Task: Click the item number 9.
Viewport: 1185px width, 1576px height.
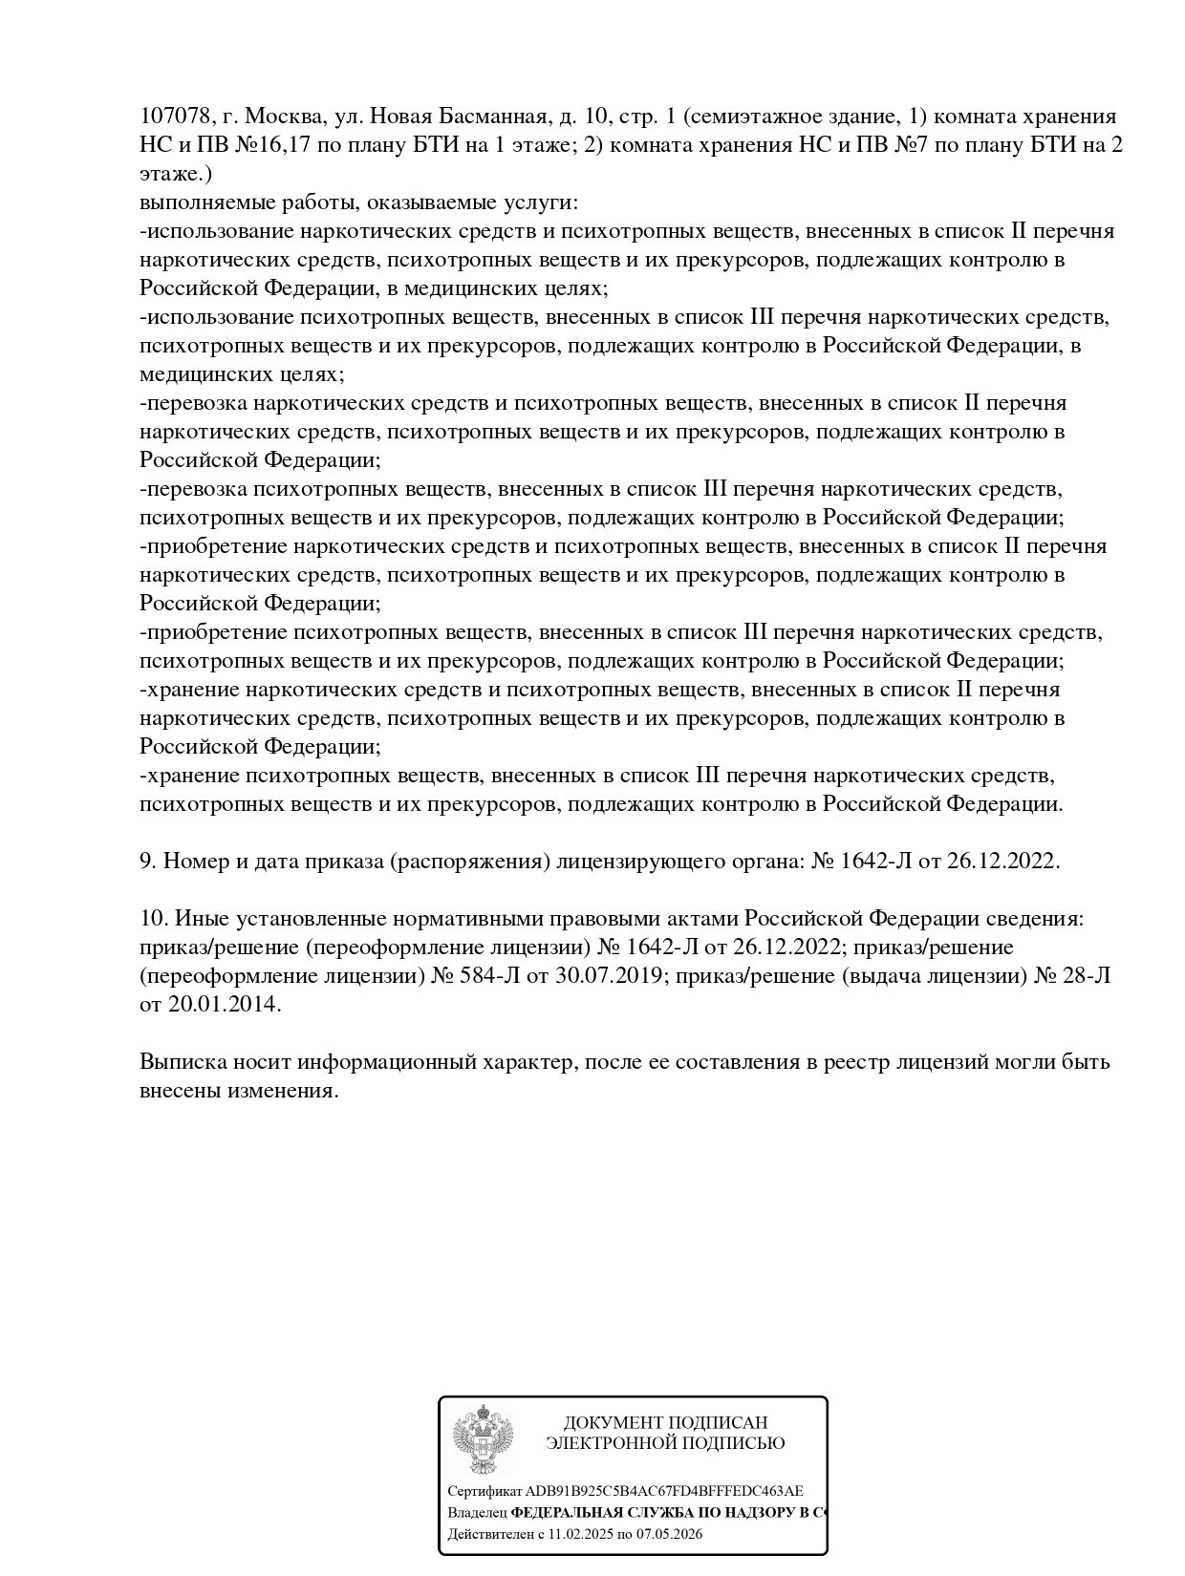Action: coord(147,861)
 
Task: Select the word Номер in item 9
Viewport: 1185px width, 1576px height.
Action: coord(196,861)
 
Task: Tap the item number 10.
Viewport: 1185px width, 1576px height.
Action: coord(153,918)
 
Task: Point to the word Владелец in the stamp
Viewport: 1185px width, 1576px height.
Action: coord(477,1513)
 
